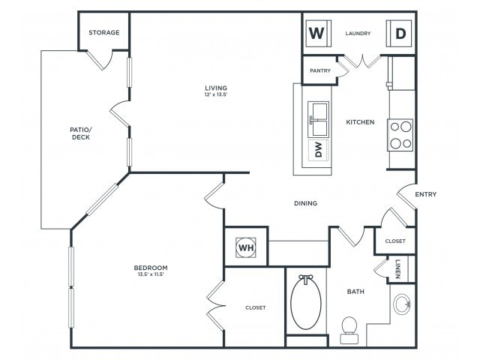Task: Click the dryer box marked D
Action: (400, 34)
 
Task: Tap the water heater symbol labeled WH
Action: (246, 246)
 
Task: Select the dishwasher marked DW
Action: (318, 150)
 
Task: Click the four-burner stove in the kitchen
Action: (400, 135)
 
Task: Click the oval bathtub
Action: (306, 302)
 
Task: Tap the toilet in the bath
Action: (349, 326)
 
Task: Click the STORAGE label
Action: (104, 33)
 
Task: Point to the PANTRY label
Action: (321, 70)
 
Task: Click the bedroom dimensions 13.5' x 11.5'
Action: (151, 275)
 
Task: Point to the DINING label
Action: (305, 203)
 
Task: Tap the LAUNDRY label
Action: (358, 34)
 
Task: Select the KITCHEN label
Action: (360, 121)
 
